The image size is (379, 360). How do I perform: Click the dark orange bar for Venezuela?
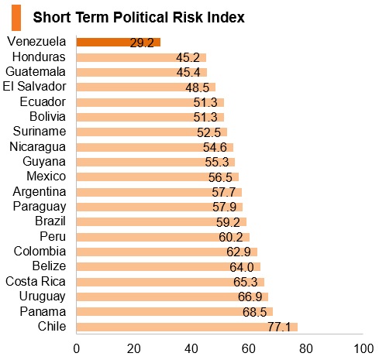coord(119,43)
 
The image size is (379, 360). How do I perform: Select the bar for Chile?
coord(187,327)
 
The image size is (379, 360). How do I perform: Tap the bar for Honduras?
coord(141,57)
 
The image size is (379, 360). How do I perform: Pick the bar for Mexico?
coord(157,177)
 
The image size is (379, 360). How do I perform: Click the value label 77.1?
coord(279,327)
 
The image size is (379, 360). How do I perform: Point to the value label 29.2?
coord(142,43)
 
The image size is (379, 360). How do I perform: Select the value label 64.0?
coord(242,267)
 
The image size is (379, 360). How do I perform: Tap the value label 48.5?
coord(198,87)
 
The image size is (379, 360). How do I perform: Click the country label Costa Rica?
coord(36,281)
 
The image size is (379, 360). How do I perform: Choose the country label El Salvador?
coord(34,86)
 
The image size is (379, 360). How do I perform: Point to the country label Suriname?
coord(40,131)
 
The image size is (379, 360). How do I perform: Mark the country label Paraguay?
coord(40,207)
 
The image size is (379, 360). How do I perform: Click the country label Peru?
coord(53,236)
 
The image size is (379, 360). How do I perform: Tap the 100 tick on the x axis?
coord(363,348)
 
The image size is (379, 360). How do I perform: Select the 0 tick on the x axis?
coord(77,348)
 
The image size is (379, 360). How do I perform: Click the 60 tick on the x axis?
coord(249,348)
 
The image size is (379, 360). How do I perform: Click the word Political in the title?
coord(141,18)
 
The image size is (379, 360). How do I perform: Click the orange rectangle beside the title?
coord(16,18)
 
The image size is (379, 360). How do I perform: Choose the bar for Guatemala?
coord(142,72)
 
